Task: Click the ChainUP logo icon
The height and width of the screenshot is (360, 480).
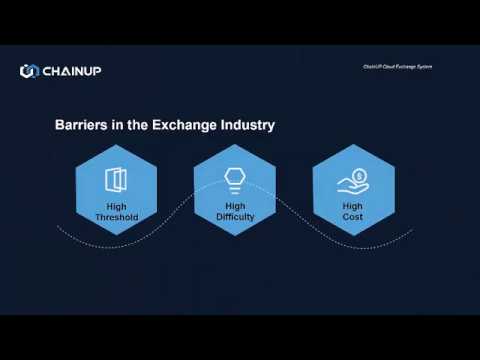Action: tap(28, 70)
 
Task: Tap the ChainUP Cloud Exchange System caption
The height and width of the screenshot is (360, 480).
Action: tap(397, 68)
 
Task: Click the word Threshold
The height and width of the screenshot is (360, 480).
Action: tap(116, 217)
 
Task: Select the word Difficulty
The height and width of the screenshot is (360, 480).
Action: tap(235, 217)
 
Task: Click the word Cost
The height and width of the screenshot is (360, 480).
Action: tap(352, 217)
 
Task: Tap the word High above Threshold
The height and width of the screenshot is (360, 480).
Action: tap(116, 207)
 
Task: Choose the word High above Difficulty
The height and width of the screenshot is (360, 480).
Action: tap(235, 207)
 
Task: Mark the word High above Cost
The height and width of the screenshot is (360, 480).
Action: tap(352, 207)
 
